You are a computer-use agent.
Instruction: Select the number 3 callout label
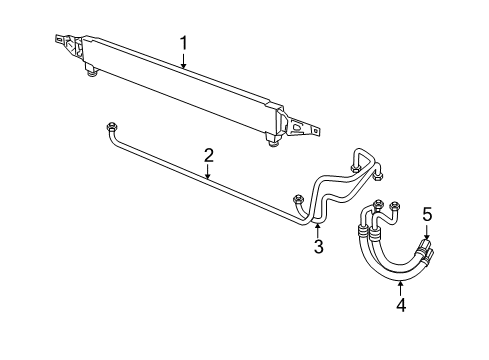click(318, 246)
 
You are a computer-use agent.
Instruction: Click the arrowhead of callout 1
click(183, 67)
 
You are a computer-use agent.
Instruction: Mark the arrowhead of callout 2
click(208, 179)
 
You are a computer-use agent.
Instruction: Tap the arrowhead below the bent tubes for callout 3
click(318, 225)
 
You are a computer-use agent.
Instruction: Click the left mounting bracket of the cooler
click(67, 45)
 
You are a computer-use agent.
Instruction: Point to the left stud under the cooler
click(91, 72)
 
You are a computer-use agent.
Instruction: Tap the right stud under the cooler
click(272, 140)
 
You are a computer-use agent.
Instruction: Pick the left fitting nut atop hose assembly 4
click(379, 206)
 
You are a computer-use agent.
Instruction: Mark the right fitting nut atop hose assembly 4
click(396, 208)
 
